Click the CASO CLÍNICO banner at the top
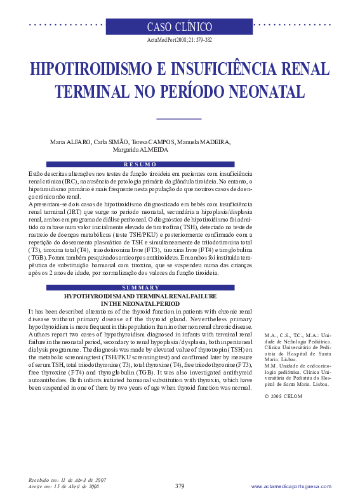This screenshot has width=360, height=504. tap(180, 27)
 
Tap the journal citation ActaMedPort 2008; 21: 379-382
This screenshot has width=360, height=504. tap(180, 40)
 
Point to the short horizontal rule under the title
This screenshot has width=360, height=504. tap(178, 118)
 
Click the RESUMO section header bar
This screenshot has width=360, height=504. tap(140, 164)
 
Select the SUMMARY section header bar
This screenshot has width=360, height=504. tap(140, 288)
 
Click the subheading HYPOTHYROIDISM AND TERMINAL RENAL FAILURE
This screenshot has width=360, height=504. tap(140, 296)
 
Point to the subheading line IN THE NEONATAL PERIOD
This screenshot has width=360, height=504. tap(140, 304)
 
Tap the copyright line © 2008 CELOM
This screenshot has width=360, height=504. tap(283, 396)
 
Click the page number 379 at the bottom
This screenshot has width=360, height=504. tap(180, 486)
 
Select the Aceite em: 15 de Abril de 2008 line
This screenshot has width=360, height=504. tap(63, 486)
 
